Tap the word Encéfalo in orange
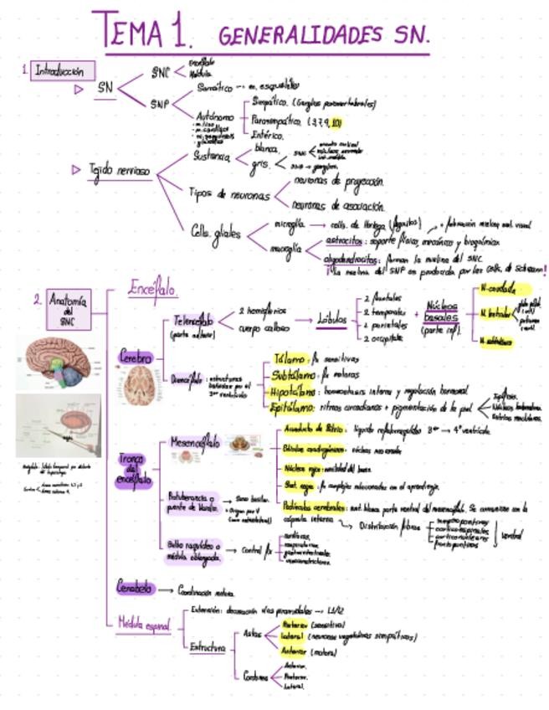click(152, 289)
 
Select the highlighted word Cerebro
click(135, 358)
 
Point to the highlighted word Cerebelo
click(135, 589)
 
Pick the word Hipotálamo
click(294, 391)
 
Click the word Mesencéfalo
click(195, 441)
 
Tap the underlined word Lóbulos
click(332, 319)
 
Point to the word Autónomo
click(214, 116)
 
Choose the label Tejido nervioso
click(121, 171)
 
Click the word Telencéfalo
click(193, 321)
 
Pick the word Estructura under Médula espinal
click(207, 646)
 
